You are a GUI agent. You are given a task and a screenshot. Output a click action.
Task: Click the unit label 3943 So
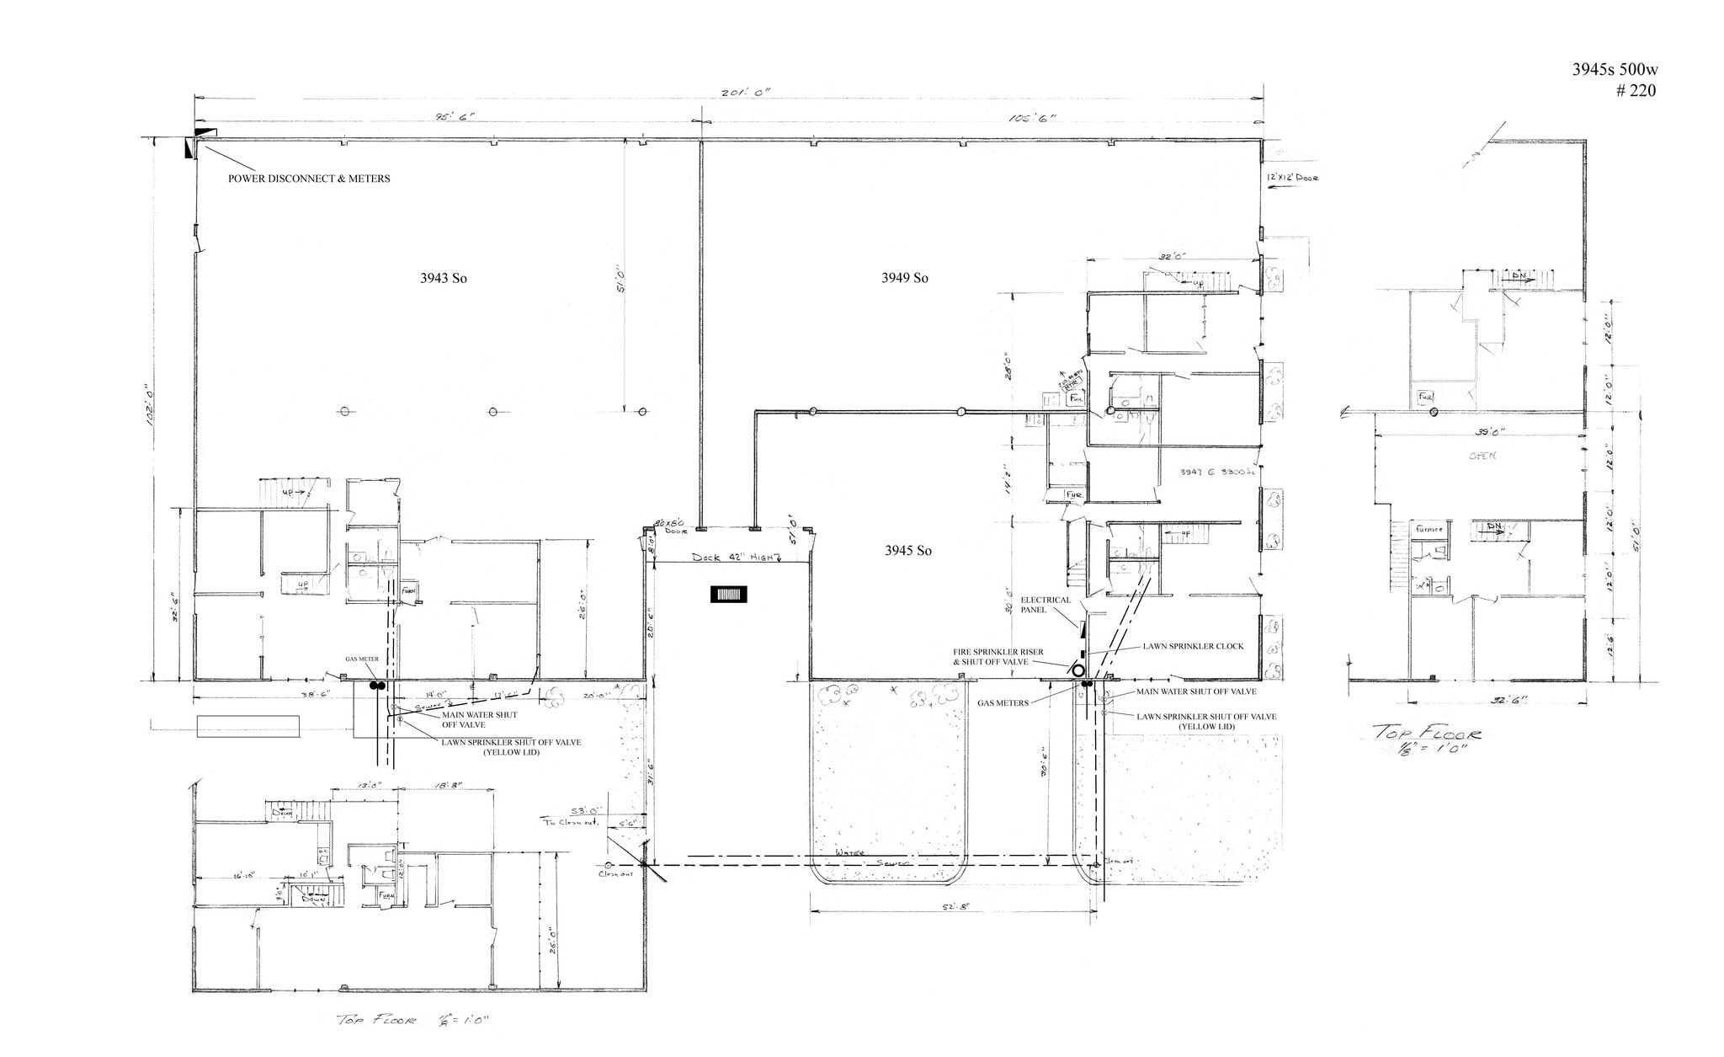click(x=443, y=278)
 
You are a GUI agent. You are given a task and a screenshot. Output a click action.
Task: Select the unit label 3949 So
click(x=904, y=278)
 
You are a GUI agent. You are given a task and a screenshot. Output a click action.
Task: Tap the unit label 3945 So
click(x=907, y=551)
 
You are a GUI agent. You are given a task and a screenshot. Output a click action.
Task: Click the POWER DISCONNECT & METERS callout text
click(x=309, y=179)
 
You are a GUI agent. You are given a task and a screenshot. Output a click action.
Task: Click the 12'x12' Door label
click(x=1290, y=178)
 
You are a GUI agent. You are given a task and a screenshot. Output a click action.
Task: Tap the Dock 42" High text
click(x=736, y=557)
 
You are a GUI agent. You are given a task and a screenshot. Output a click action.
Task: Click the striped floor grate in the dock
click(x=730, y=595)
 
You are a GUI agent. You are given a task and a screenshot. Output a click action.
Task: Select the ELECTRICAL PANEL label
click(x=1046, y=605)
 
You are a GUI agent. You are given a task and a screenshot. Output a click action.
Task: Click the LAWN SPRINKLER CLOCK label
click(x=1193, y=647)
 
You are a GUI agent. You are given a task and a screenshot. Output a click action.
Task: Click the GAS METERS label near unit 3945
click(x=1003, y=702)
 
